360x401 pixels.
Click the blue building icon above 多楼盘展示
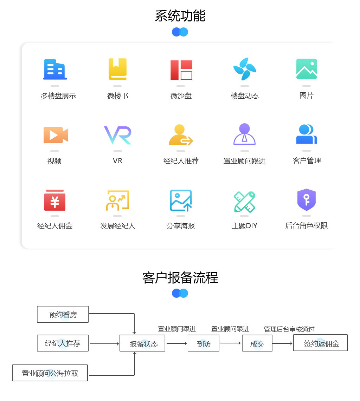pyautogui.click(x=55, y=69)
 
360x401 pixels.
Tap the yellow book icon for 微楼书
pyautogui.click(x=117, y=69)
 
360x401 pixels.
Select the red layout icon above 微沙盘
pyautogui.click(x=181, y=70)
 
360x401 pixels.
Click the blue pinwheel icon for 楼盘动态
pyautogui.click(x=245, y=69)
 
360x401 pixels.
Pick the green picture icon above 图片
pyautogui.click(x=307, y=69)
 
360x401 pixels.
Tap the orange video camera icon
pyautogui.click(x=56, y=135)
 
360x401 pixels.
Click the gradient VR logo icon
pyautogui.click(x=117, y=135)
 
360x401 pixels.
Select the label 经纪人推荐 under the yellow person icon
pyautogui.click(x=181, y=161)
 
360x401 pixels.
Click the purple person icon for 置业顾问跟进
pyautogui.click(x=244, y=134)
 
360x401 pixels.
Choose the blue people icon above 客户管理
pyautogui.click(x=307, y=134)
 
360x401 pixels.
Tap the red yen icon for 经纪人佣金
pyautogui.click(x=55, y=200)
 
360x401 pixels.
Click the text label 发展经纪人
pyautogui.click(x=118, y=226)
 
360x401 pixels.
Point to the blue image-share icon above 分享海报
pyautogui.click(x=181, y=200)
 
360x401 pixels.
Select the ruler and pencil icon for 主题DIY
pyautogui.click(x=244, y=202)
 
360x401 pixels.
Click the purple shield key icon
pyautogui.click(x=307, y=199)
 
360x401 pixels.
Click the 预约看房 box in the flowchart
pyautogui.click(x=63, y=314)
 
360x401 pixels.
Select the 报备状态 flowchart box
pyautogui.click(x=142, y=343)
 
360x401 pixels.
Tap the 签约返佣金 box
pyautogui.click(x=320, y=343)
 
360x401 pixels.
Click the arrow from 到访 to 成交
pyautogui.click(x=231, y=343)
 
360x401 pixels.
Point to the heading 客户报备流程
pyautogui.click(x=180, y=277)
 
